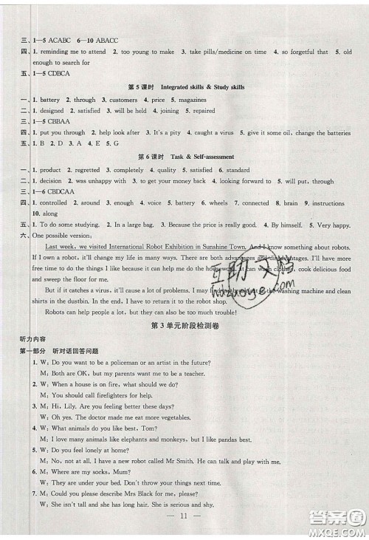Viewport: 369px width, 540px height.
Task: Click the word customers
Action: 123,99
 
